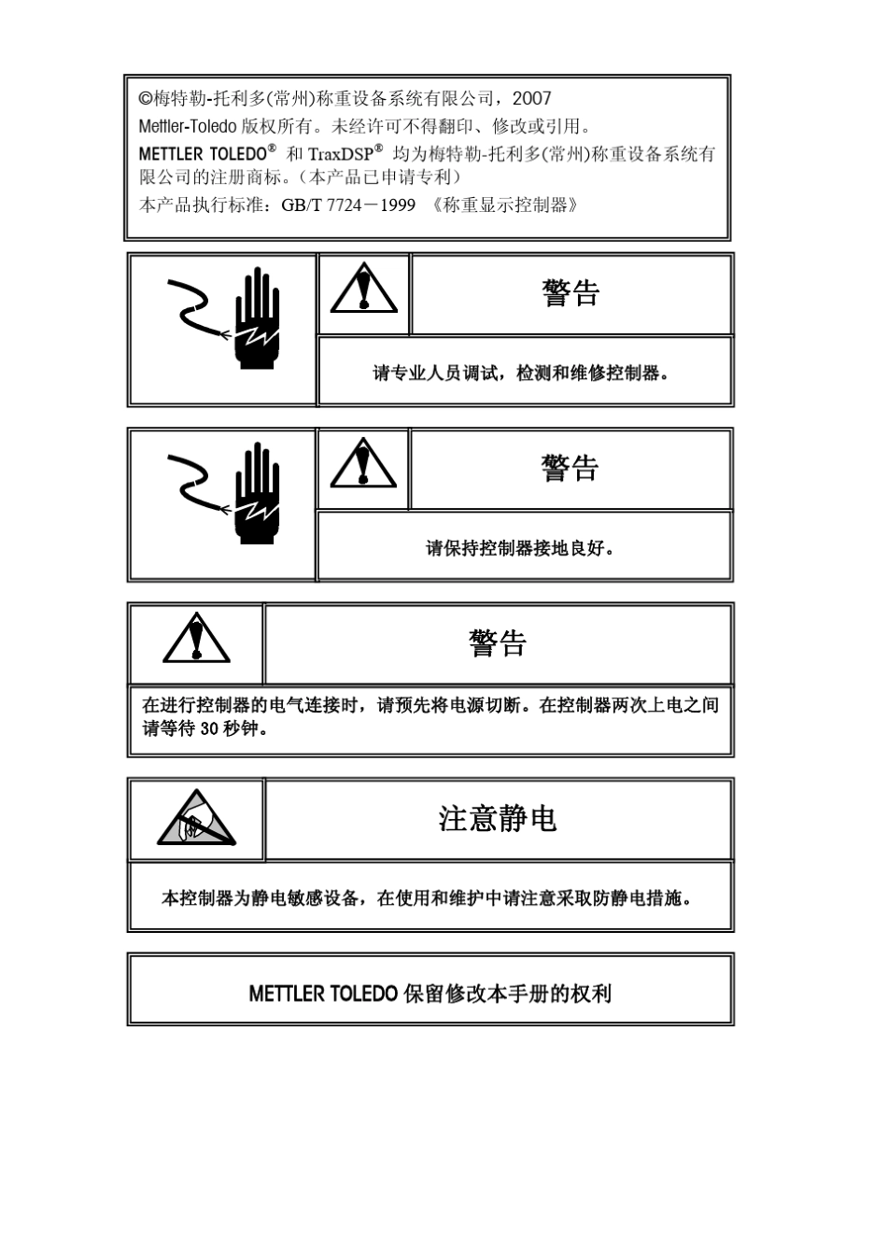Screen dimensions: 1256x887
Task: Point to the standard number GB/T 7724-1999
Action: click(348, 205)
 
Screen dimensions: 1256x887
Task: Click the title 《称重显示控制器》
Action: click(505, 205)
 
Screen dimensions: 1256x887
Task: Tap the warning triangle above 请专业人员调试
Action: click(363, 290)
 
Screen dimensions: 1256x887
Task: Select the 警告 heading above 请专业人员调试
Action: click(570, 293)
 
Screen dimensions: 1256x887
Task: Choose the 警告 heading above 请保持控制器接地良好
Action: click(570, 468)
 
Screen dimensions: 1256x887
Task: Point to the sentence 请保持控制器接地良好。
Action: click(520, 548)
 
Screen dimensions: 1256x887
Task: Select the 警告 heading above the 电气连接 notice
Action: click(498, 642)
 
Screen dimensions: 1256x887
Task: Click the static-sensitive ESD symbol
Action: click(196, 818)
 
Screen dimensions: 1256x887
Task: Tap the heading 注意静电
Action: click(498, 819)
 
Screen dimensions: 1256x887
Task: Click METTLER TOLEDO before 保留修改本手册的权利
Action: click(323, 994)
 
